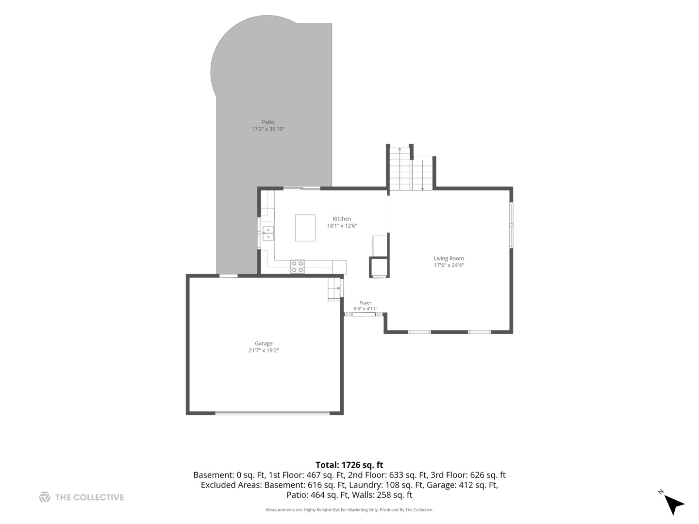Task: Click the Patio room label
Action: pyautogui.click(x=268, y=122)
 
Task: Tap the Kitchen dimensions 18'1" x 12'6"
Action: pyautogui.click(x=342, y=226)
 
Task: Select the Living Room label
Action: pyautogui.click(x=449, y=258)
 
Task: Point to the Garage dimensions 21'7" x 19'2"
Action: pyautogui.click(x=264, y=350)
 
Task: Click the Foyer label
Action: pyautogui.click(x=365, y=303)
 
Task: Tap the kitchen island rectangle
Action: pyautogui.click(x=305, y=228)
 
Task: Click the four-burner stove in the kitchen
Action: pyautogui.click(x=298, y=267)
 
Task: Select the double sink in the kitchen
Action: pyautogui.click(x=268, y=233)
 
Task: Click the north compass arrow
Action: pyautogui.click(x=674, y=504)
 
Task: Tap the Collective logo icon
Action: pyautogui.click(x=45, y=497)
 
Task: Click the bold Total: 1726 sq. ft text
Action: pyautogui.click(x=349, y=465)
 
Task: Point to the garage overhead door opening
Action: pyautogui.click(x=272, y=413)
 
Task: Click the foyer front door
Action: pyautogui.click(x=364, y=314)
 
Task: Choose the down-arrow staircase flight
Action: pyautogui.click(x=423, y=173)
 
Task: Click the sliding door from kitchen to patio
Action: pyautogui.click(x=302, y=189)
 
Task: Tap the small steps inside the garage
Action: pyautogui.click(x=334, y=289)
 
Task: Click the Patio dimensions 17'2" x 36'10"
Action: pyautogui.click(x=268, y=129)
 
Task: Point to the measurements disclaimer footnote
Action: pyautogui.click(x=349, y=509)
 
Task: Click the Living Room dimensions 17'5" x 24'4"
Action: pyautogui.click(x=449, y=265)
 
